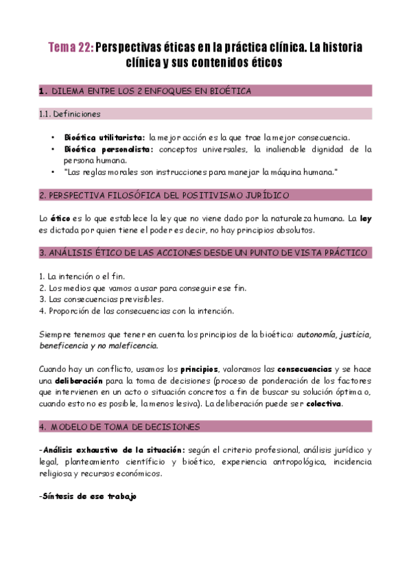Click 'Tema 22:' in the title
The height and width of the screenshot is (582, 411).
click(70, 48)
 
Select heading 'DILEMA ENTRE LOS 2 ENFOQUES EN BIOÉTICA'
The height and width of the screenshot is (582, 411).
click(151, 91)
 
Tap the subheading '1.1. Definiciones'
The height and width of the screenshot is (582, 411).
click(70, 113)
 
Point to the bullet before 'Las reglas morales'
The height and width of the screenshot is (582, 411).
click(54, 171)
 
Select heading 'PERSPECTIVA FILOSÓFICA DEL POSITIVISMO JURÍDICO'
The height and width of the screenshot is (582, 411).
click(164, 196)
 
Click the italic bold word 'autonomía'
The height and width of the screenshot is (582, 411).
click(316, 334)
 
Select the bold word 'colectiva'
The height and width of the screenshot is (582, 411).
click(324, 404)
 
